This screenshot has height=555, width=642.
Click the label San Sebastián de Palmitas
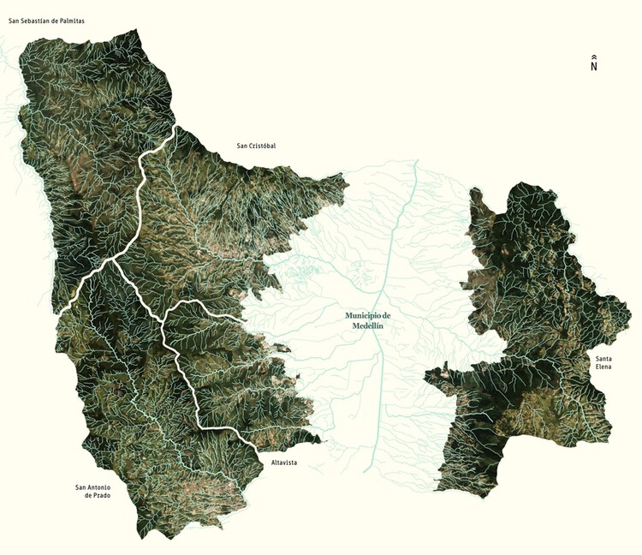46,19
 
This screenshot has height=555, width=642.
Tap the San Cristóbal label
256,146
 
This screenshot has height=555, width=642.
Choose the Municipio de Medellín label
368,320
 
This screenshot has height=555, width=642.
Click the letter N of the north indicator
593,67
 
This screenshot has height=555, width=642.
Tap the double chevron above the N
593,57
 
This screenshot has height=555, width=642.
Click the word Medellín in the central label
368,326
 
